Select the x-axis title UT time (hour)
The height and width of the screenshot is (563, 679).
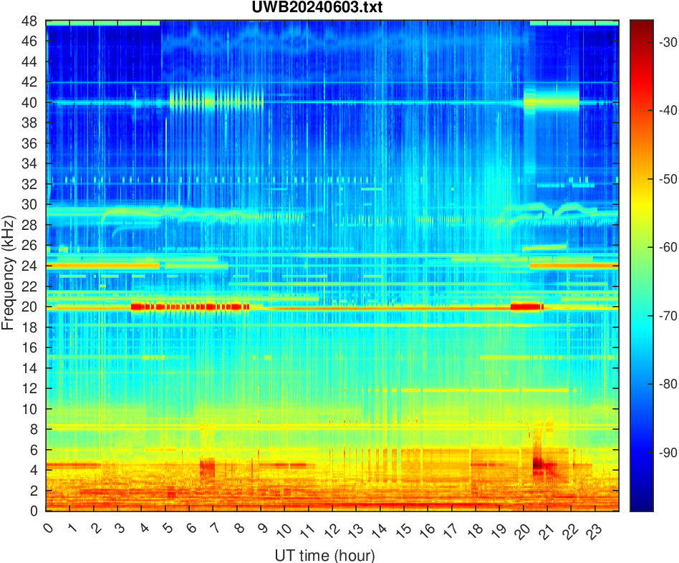324,554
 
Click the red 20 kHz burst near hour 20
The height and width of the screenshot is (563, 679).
526,307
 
